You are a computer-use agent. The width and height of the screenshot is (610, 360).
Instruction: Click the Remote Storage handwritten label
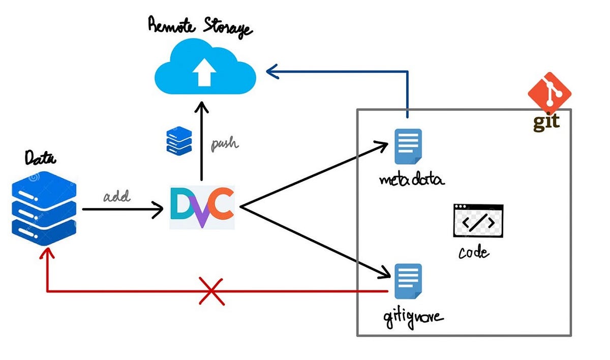point(200,26)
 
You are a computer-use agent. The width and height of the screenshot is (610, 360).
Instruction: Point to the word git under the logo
point(546,122)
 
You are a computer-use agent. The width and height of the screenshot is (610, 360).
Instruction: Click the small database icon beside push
point(179,140)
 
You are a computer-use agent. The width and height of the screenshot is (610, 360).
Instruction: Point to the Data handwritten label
point(41,159)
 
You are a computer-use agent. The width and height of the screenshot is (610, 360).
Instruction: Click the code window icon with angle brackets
point(478,221)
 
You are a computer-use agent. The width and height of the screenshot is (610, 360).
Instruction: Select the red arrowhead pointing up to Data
point(47,252)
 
